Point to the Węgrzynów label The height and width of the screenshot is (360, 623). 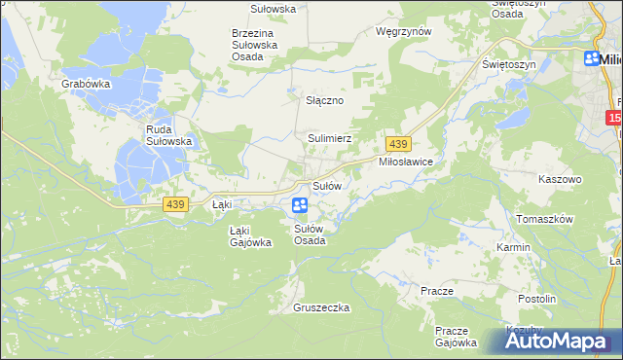[403, 31]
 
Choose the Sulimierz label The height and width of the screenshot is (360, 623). [330, 139]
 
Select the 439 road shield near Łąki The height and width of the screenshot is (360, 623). [175, 203]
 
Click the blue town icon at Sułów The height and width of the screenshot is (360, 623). [299, 205]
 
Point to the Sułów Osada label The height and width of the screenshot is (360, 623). [311, 234]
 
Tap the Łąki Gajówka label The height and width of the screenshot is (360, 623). [249, 236]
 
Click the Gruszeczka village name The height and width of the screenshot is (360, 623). [320, 307]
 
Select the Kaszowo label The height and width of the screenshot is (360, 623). [560, 180]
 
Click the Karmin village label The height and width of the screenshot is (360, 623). [513, 247]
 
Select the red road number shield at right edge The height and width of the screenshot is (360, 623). [613, 118]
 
